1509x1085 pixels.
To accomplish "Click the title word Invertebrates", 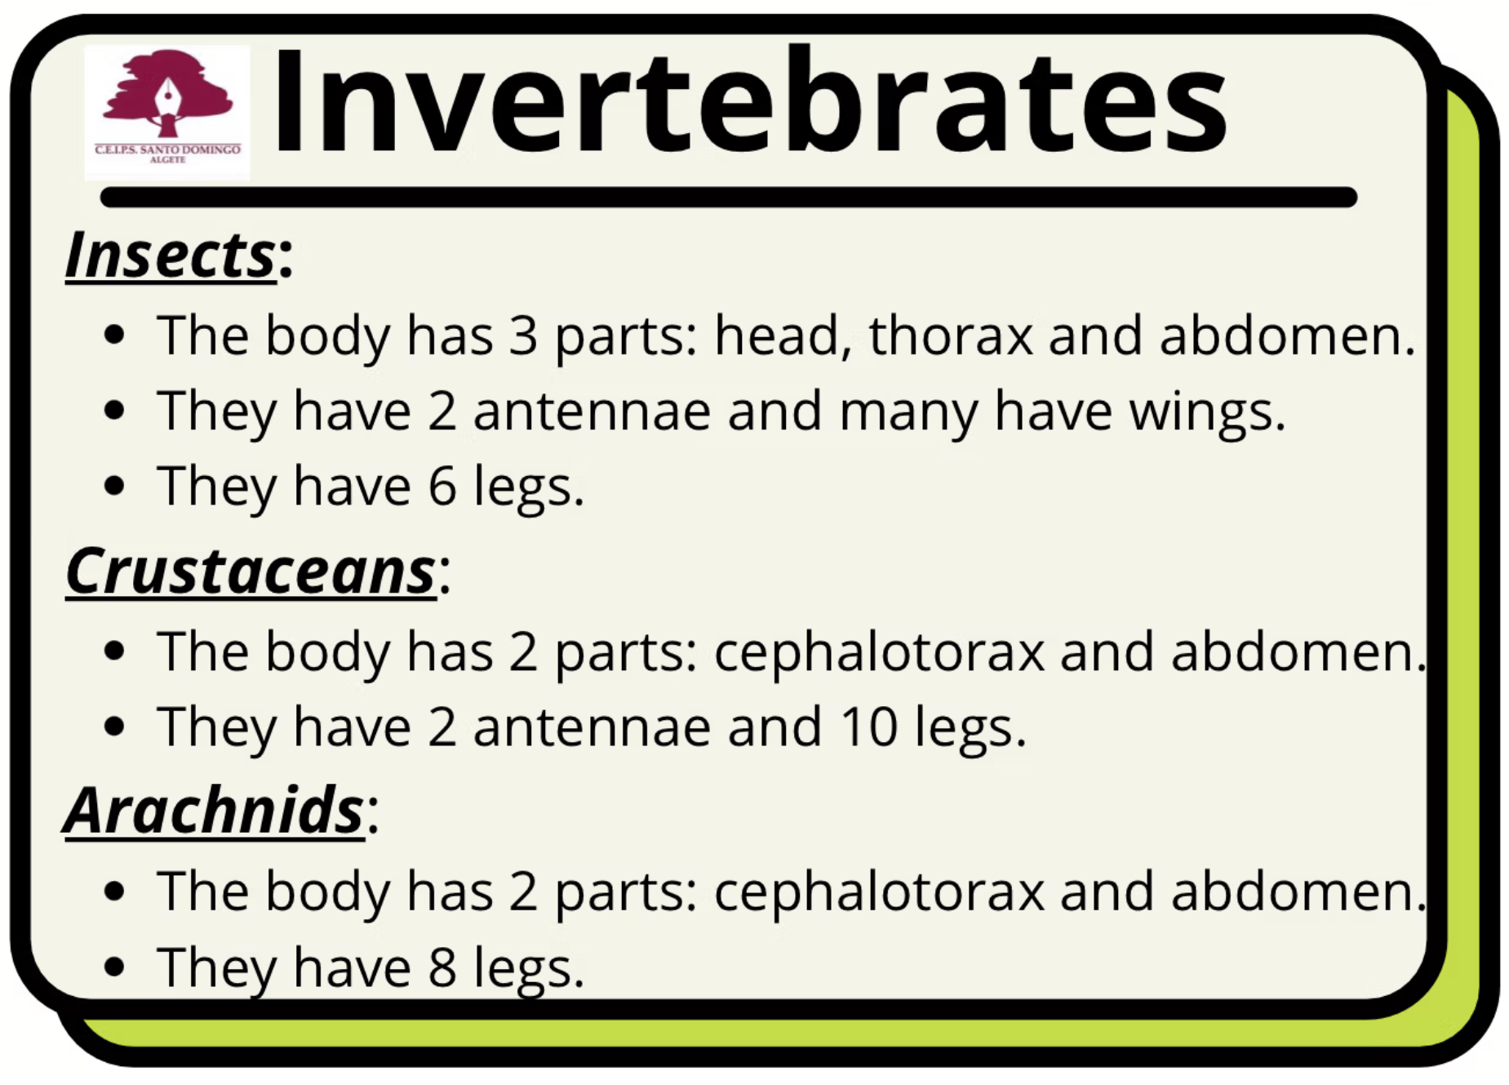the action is tap(749, 101).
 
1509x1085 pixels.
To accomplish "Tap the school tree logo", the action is tap(167, 94).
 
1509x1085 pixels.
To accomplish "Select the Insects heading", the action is tap(171, 256).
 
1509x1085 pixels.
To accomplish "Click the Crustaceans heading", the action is tap(251, 571).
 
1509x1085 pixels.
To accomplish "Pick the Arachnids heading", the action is tap(214, 811).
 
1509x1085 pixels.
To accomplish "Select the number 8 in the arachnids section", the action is tap(442, 967).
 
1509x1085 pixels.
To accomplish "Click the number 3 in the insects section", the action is tap(523, 336).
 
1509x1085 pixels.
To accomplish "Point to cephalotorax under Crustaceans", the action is tap(879, 651).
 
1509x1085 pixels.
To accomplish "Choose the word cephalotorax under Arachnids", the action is tap(879, 891).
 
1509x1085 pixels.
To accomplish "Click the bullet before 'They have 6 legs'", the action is tap(115, 487).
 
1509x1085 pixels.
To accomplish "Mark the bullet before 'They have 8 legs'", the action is tap(115, 967).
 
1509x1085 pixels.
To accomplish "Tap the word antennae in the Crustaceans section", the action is tap(593, 727).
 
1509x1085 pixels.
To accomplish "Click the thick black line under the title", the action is tap(728, 197).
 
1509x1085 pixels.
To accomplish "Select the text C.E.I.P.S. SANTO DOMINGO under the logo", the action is tap(167, 149).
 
